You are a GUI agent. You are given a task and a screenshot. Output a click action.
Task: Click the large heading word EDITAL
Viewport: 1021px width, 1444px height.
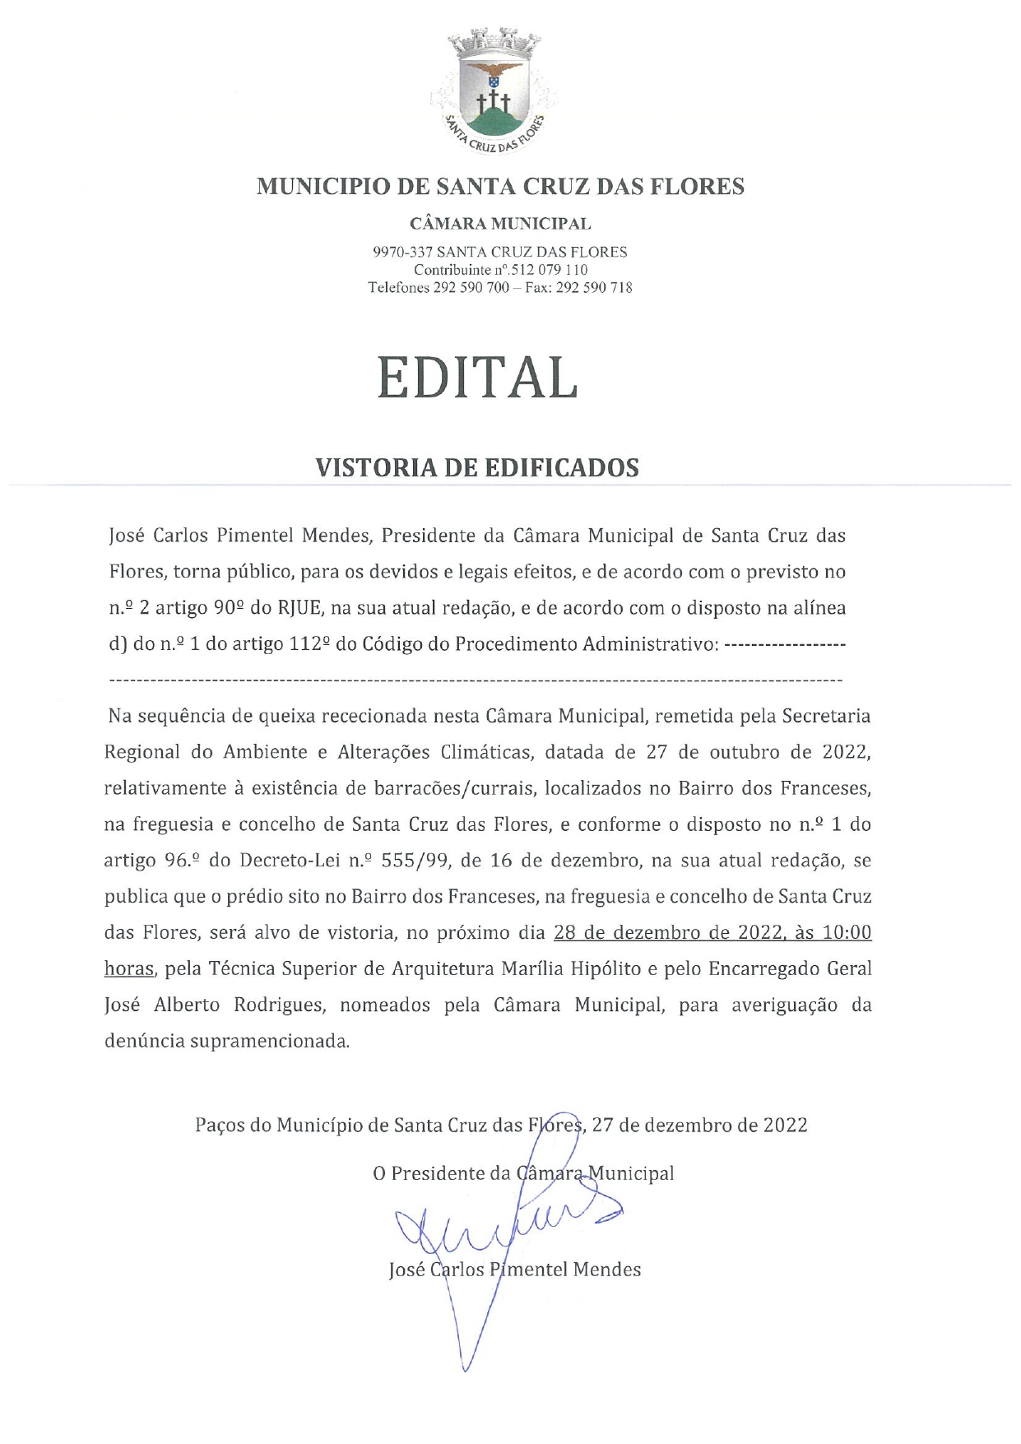point(477,379)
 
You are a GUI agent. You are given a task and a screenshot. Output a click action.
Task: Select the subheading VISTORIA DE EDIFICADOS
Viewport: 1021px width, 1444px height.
point(477,467)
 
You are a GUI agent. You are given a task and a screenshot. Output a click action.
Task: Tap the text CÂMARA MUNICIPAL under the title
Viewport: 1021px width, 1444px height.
point(500,223)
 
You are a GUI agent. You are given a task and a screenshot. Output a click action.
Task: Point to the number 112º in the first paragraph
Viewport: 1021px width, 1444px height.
point(310,643)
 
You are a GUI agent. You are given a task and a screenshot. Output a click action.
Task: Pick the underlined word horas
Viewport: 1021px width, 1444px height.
point(129,969)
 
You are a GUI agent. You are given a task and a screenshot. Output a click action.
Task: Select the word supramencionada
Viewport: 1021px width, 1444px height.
point(269,1042)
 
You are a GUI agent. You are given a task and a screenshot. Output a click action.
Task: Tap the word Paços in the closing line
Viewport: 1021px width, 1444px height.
point(220,1125)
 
